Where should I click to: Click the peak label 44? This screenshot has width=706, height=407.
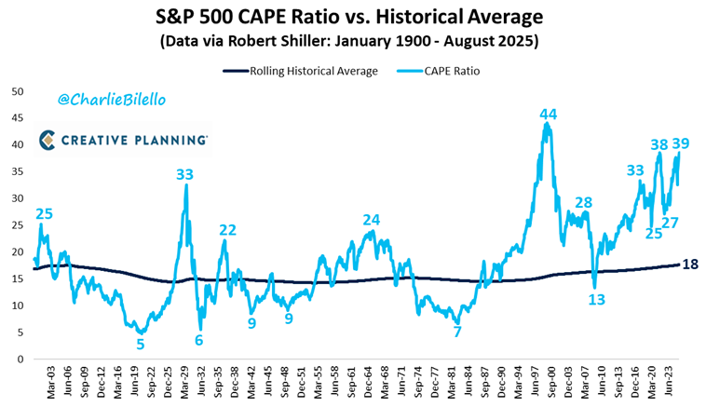pyautogui.click(x=549, y=114)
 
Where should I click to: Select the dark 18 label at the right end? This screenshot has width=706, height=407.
pyautogui.click(x=691, y=265)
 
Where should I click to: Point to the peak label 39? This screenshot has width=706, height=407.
pyautogui.click(x=681, y=143)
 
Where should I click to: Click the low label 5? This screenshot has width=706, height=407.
pyautogui.click(x=141, y=344)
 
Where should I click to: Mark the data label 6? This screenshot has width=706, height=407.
pyautogui.click(x=198, y=340)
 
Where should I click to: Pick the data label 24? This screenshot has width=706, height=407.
pyautogui.click(x=372, y=220)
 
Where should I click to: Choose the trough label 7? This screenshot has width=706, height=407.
pyautogui.click(x=456, y=332)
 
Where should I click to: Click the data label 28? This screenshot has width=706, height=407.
pyautogui.click(x=583, y=203)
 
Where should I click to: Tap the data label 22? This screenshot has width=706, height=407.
pyautogui.click(x=227, y=230)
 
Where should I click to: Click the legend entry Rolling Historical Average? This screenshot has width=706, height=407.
pyautogui.click(x=301, y=70)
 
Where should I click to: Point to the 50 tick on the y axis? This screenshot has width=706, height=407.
pyautogui.click(x=17, y=91)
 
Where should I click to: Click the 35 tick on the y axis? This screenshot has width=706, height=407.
pyautogui.click(x=17, y=171)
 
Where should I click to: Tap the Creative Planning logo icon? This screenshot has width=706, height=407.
pyautogui.click(x=48, y=140)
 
